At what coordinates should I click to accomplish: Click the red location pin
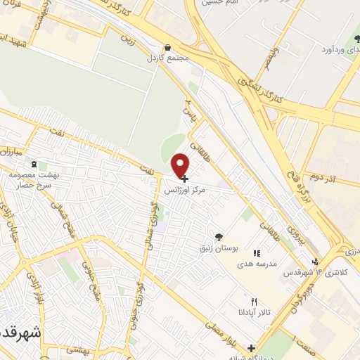tap(181, 165)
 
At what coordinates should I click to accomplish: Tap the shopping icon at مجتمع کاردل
tap(167, 48)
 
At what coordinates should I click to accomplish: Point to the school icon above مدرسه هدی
tap(257, 252)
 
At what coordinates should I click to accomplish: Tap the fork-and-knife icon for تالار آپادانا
tap(244, 302)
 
